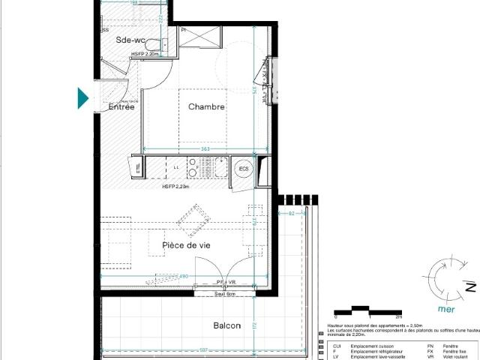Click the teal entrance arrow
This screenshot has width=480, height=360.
coord(83,98)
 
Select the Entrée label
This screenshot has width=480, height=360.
coord(121,107)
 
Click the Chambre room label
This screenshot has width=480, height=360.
coord(206,107)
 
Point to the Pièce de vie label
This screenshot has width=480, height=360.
coord(186,245)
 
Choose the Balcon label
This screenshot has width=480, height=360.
coord(227,325)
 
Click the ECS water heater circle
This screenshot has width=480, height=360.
coord(244,169)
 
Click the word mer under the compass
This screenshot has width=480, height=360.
coord(435,307)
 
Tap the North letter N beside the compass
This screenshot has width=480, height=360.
coord(470,287)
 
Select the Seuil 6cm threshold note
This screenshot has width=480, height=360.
coord(224,293)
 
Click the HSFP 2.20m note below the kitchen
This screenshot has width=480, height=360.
coord(175,187)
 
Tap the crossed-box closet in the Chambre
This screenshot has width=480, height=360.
coord(199,36)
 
